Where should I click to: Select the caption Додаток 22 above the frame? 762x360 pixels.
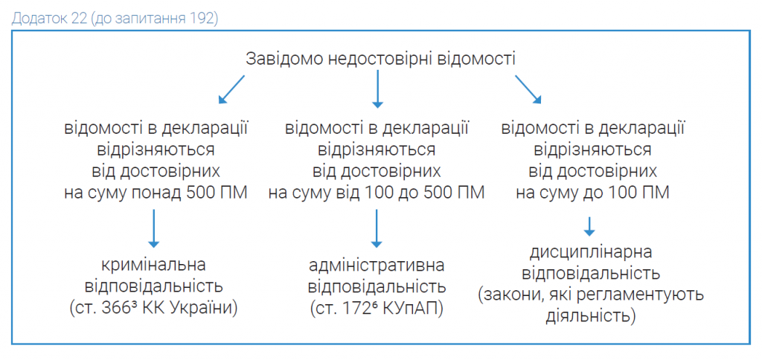[x=48, y=19]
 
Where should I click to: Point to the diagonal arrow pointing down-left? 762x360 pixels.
[x=231, y=89]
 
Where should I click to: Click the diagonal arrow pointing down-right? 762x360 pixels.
[x=528, y=89]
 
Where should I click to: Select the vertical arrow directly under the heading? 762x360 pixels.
[x=377, y=89]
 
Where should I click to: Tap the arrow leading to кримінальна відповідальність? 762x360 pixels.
[x=153, y=228]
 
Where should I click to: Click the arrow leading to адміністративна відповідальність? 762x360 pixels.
[x=377, y=228]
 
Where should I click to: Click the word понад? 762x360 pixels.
[x=158, y=193]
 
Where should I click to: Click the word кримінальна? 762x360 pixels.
[x=153, y=266]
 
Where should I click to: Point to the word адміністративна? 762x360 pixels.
[x=377, y=266]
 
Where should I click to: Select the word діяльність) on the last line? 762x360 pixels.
[x=590, y=316]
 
